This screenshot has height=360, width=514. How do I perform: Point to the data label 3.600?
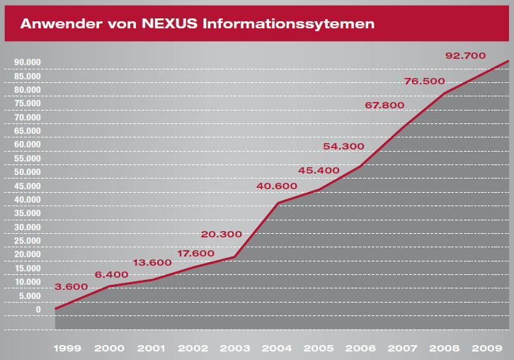[x=71, y=287]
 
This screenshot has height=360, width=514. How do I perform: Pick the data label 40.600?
[x=278, y=186]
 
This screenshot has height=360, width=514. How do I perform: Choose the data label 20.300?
[x=221, y=235]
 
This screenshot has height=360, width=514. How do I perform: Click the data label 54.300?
[x=343, y=147]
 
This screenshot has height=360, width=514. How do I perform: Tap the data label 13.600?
[x=152, y=263]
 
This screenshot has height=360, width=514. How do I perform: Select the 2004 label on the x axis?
[x=278, y=349]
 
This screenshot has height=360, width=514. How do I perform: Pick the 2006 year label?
[x=360, y=349]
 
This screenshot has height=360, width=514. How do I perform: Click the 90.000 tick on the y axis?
[x=28, y=62]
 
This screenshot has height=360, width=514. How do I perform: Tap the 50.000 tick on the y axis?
[x=28, y=172]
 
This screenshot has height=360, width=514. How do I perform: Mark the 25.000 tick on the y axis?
[x=28, y=241]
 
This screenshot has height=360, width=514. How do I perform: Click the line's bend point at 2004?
[x=278, y=203]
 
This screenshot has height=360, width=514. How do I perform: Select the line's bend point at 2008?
[x=444, y=94]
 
